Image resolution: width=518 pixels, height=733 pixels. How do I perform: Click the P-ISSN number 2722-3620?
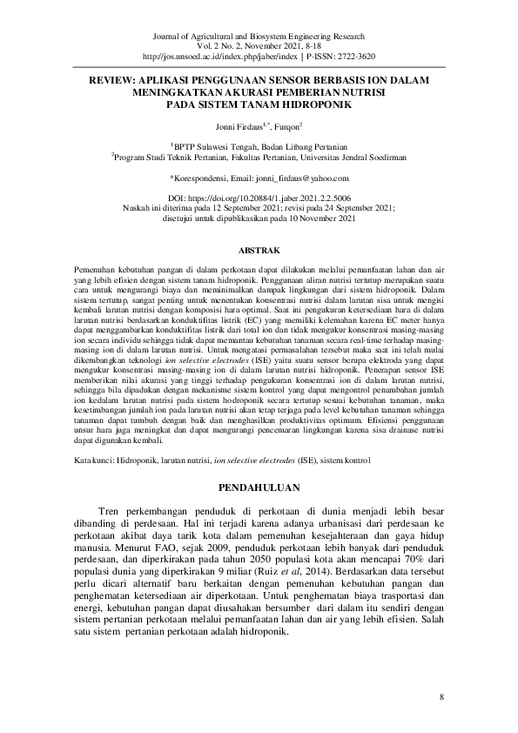352,56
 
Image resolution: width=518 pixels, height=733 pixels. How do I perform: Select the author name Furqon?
286,127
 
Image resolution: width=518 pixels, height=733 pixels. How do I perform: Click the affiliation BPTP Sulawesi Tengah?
217,147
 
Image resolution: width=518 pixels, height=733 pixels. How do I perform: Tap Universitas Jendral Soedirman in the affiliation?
348,158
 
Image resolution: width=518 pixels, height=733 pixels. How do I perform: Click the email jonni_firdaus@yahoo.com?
287,178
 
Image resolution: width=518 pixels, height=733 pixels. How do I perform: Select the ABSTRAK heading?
258,249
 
